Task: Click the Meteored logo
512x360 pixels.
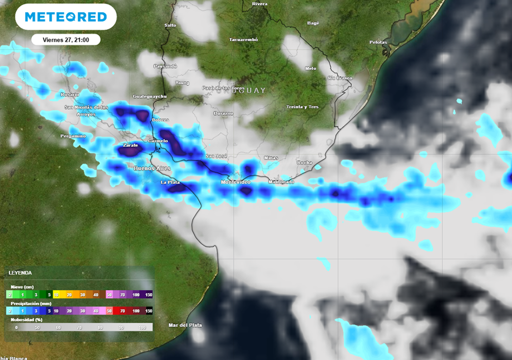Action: click(x=65, y=17)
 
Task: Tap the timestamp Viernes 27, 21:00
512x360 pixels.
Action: click(x=65, y=39)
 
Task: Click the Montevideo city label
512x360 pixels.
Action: click(x=235, y=182)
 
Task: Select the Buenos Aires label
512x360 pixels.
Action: click(x=152, y=168)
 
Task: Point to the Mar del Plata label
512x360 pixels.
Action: click(x=185, y=325)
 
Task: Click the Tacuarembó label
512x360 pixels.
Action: click(x=243, y=39)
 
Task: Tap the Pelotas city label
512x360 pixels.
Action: click(x=378, y=42)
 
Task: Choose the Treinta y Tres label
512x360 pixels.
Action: click(x=302, y=107)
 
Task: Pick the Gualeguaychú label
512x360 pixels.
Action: click(x=149, y=96)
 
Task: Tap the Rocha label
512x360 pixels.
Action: click(x=304, y=162)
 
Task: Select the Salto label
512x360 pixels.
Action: click(x=170, y=25)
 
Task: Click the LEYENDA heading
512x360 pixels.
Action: click(x=20, y=273)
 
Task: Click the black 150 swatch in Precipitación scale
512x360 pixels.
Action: click(x=148, y=311)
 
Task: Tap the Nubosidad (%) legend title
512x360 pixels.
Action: click(x=27, y=319)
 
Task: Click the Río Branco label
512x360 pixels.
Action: click(x=340, y=78)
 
